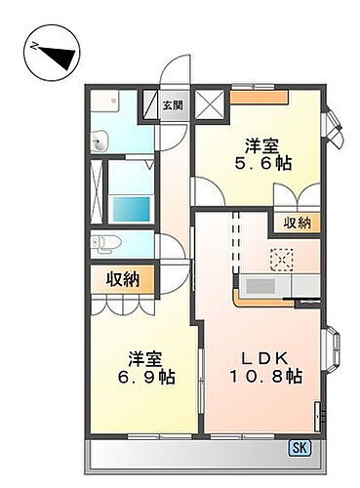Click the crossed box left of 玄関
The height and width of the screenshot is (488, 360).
151,105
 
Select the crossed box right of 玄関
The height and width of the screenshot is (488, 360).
209,104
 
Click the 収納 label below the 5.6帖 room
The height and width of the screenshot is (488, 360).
298,224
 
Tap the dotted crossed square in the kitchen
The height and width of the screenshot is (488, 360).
282,259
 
